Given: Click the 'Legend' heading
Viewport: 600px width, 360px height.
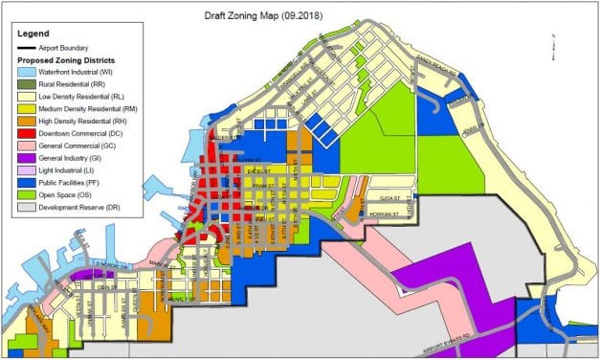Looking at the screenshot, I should [x=33, y=33].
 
